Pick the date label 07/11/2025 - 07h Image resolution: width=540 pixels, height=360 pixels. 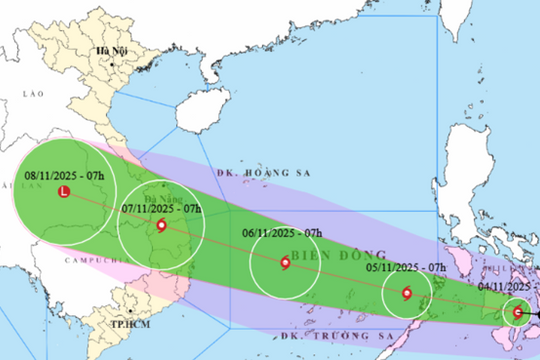161,208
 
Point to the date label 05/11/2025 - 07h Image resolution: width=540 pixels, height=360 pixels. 406,267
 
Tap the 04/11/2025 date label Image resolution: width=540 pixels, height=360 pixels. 510,284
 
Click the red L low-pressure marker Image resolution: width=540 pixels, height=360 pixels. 65,193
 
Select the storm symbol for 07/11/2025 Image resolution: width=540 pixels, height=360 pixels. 161,225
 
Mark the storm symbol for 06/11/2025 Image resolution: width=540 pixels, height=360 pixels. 285,264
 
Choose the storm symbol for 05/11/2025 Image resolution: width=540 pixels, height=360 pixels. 406,294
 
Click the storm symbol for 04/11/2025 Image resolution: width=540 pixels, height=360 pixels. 517,312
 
